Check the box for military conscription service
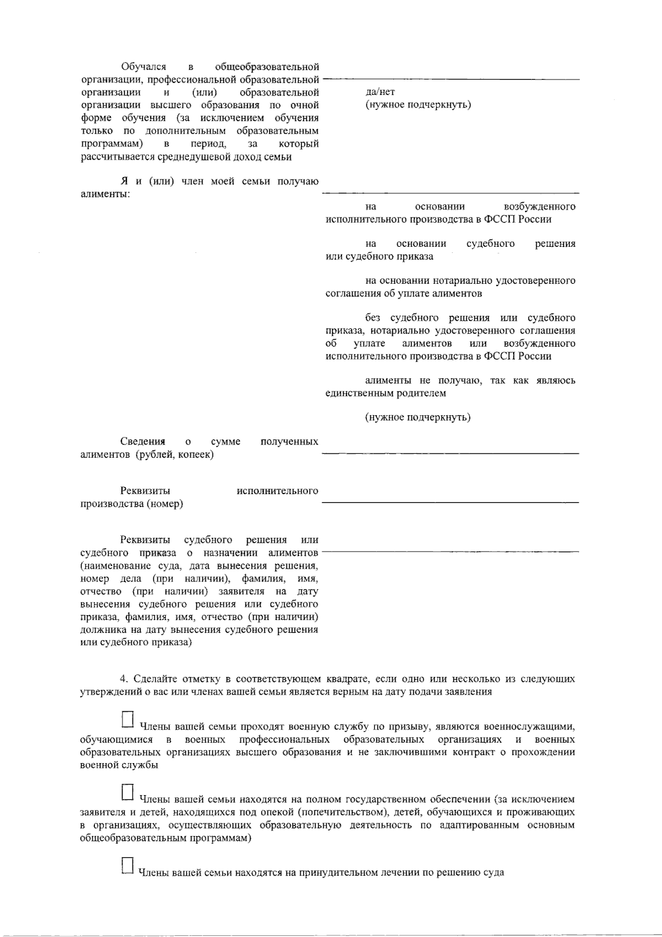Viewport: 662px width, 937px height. click(x=127, y=719)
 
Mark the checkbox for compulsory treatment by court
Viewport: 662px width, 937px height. click(x=127, y=866)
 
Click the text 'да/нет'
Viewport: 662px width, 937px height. click(x=380, y=92)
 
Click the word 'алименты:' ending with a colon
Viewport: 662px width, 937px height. click(x=105, y=194)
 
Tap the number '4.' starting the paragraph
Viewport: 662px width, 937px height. click(x=124, y=679)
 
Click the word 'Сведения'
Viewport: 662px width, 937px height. click(x=143, y=441)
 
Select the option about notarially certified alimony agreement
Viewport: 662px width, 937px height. click(x=450, y=287)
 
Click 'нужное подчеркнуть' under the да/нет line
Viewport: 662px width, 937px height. click(x=418, y=104)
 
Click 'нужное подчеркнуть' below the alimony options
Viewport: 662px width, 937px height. click(x=418, y=417)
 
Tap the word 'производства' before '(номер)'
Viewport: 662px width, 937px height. click(x=112, y=504)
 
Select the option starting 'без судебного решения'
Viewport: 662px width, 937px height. click(x=450, y=337)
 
